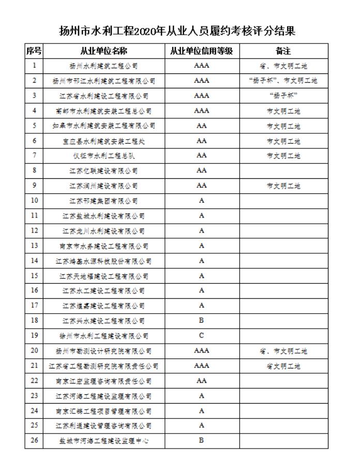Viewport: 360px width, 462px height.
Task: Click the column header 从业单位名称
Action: pyautogui.click(x=103, y=51)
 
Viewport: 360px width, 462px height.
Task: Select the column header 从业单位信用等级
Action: pyautogui.click(x=202, y=51)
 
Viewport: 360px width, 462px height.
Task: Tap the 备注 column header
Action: pyautogui.click(x=283, y=51)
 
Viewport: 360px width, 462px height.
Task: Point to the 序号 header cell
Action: pyautogui.click(x=34, y=51)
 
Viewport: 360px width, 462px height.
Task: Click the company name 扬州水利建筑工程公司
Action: pyautogui.click(x=103, y=66)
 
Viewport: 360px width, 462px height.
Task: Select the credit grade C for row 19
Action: pyautogui.click(x=202, y=335)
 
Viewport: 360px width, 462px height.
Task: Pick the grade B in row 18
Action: pyautogui.click(x=202, y=320)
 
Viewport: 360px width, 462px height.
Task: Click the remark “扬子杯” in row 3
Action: pyautogui.click(x=283, y=96)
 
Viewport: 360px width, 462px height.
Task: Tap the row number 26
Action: pyautogui.click(x=34, y=440)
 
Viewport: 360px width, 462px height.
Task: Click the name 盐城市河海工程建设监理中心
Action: pyautogui.click(x=103, y=441)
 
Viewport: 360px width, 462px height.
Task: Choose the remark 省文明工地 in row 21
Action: pyautogui.click(x=283, y=366)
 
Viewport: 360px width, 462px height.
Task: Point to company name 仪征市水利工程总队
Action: pyautogui.click(x=103, y=156)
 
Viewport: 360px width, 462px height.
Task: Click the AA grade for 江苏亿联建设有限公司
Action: pyautogui.click(x=202, y=171)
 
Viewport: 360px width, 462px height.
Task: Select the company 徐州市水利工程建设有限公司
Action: pyautogui.click(x=103, y=336)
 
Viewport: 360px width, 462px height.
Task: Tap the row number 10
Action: pyautogui.click(x=34, y=201)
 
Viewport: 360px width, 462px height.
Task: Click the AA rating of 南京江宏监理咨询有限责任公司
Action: pyautogui.click(x=202, y=381)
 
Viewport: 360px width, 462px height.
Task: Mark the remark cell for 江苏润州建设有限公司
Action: pyautogui.click(x=283, y=186)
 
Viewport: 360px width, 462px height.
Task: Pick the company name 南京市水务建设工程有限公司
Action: pyautogui.click(x=103, y=246)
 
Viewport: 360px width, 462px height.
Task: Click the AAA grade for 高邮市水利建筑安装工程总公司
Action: pyautogui.click(x=202, y=111)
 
